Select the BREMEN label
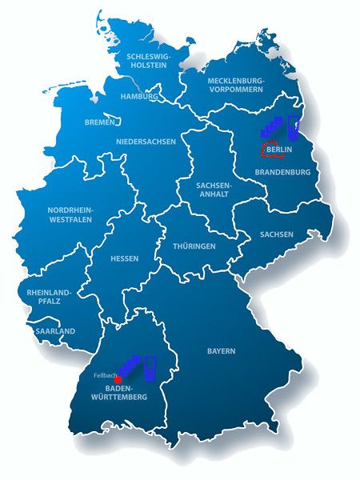point(99,123)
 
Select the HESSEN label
point(125,258)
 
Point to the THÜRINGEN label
point(194,246)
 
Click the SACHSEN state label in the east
point(276,234)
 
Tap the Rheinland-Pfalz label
point(50,297)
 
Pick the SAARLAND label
point(55,330)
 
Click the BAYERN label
point(221,351)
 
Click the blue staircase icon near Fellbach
point(131,366)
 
